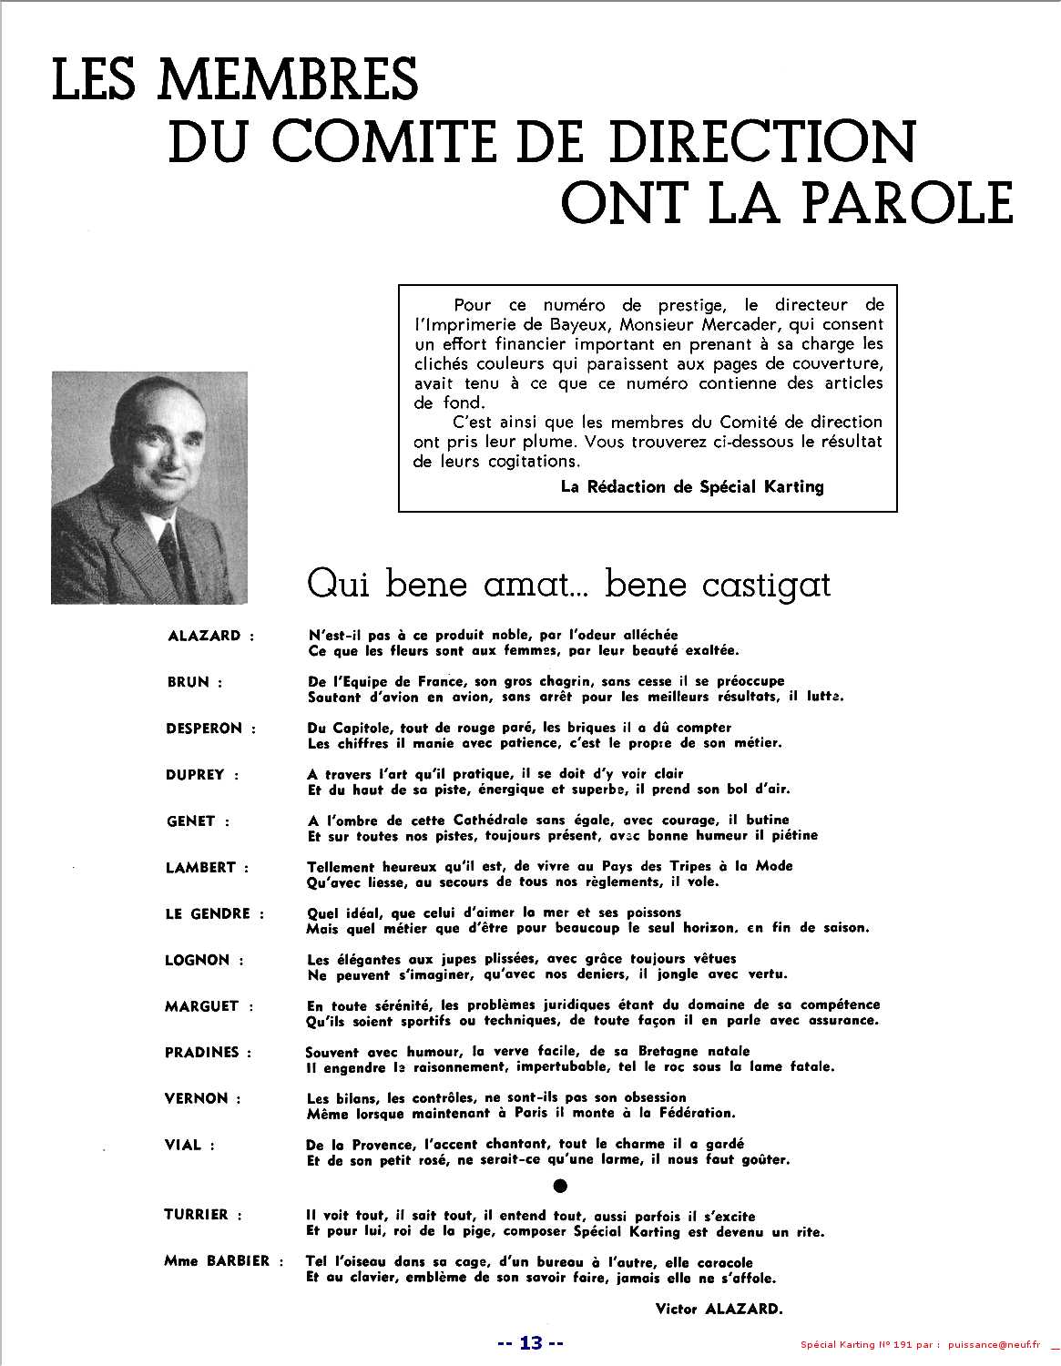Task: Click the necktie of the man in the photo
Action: [x=168, y=546]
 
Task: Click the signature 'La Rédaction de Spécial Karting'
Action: [x=692, y=486]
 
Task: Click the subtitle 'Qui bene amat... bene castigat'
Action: [x=569, y=584]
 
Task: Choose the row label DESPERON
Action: [x=204, y=729]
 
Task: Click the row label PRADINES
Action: [x=202, y=1052]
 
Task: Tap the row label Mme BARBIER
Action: [x=217, y=1260]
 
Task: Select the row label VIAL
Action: [x=183, y=1145]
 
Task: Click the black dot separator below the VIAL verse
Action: [x=561, y=1186]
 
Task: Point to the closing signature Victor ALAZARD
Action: [x=718, y=1310]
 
